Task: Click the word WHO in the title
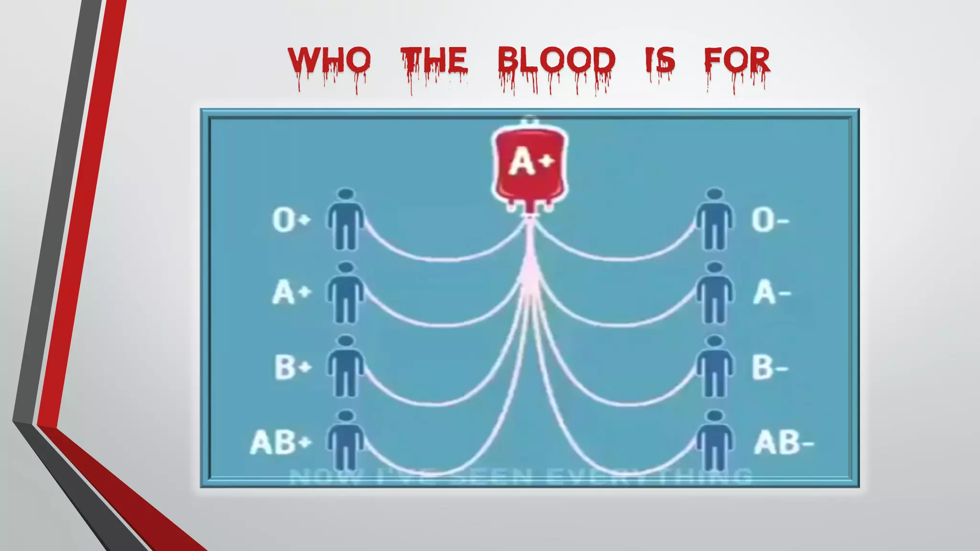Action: pos(329,61)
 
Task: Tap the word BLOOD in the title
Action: pos(556,61)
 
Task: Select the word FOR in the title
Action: pos(737,61)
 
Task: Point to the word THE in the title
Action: pos(434,61)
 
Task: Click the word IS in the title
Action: pos(660,61)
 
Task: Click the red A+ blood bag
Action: pos(530,165)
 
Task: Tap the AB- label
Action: pos(783,442)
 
